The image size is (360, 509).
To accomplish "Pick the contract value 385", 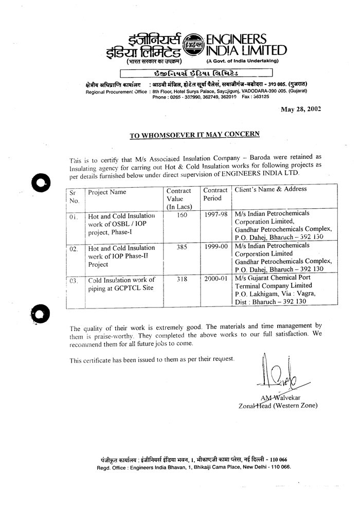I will click(x=182, y=247).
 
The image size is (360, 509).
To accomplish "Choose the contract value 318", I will click(x=182, y=280).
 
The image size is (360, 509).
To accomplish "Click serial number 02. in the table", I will click(x=74, y=249).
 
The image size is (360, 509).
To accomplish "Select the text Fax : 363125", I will click(x=255, y=96).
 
